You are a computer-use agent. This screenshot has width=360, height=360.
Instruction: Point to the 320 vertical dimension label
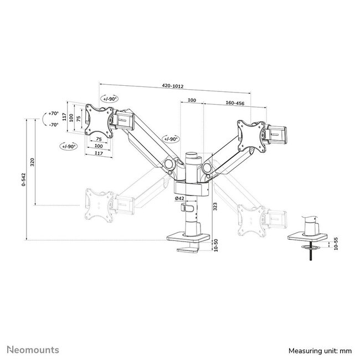[33, 162]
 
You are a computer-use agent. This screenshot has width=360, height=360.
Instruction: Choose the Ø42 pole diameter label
[179, 198]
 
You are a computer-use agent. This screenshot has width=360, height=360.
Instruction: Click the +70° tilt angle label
[53, 113]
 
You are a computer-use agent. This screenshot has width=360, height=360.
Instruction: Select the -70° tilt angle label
[53, 124]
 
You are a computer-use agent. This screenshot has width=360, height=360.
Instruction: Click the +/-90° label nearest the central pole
[171, 138]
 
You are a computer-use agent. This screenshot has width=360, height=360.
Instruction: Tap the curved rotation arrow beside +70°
[43, 119]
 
